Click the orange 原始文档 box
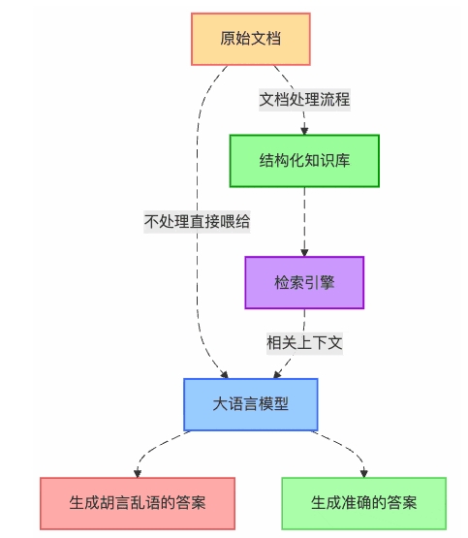click(x=250, y=39)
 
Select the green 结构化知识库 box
click(x=303, y=160)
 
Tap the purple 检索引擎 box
click(x=304, y=282)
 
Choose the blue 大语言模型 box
click(x=250, y=403)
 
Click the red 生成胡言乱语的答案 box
click(x=138, y=503)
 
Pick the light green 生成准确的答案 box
click(x=363, y=503)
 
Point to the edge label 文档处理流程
click(x=304, y=99)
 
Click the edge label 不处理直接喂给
click(x=198, y=221)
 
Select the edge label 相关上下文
click(x=304, y=342)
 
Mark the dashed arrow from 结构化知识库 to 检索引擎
click(x=304, y=221)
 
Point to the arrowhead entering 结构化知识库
click(x=304, y=130)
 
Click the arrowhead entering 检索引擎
click(x=304, y=252)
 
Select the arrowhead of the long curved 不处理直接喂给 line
click(x=224, y=373)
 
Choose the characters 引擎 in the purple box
click(x=319, y=282)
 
